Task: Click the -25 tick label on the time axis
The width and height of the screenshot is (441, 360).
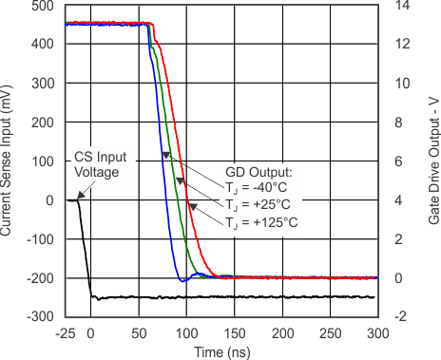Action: click(67, 333)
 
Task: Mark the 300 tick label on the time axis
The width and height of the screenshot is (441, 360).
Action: click(378, 333)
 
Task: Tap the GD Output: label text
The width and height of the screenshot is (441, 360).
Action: click(257, 173)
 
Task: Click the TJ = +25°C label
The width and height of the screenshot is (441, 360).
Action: click(261, 205)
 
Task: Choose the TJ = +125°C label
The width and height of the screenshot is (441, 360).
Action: click(262, 222)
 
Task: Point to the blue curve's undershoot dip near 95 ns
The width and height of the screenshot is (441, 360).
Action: click(182, 280)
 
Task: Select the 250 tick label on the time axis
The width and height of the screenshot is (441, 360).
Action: click(330, 333)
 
